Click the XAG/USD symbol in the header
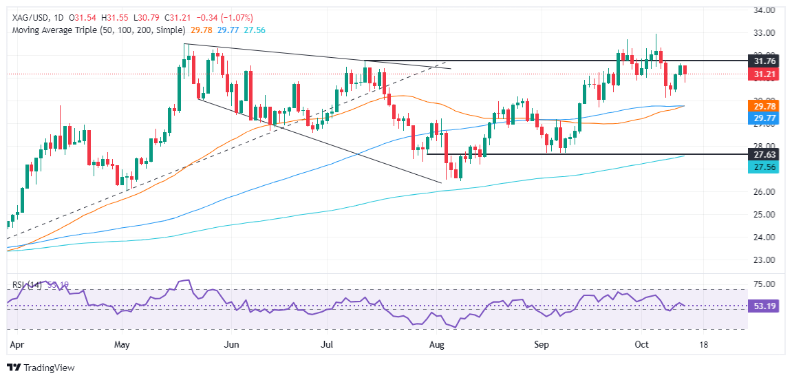pyautogui.click(x=30, y=17)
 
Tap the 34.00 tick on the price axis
pyautogui.click(x=765, y=10)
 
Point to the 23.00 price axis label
pyautogui.click(x=765, y=260)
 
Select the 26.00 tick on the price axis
pyautogui.click(x=765, y=192)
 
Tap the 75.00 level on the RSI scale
pyautogui.click(x=765, y=284)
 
